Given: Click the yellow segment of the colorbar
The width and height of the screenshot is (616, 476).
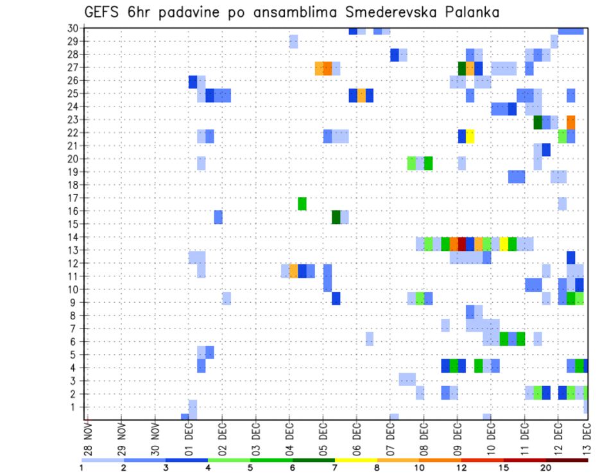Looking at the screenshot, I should tap(355, 460).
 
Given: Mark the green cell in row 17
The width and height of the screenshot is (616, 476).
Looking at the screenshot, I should tap(302, 204).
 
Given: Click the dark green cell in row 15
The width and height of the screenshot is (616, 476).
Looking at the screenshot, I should tap(336, 217).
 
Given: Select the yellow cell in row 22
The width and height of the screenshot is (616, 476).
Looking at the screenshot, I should tap(470, 136).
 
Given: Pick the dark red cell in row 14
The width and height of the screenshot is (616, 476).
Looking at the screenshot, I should tap(462, 244).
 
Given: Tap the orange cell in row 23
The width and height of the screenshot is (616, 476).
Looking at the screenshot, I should tap(571, 122).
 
